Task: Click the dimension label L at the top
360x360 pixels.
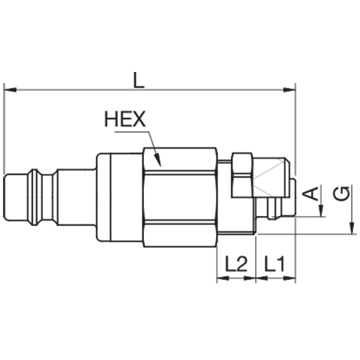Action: (x=139, y=80)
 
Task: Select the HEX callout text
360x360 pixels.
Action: (x=125, y=119)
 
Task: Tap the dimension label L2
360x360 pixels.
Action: (x=236, y=264)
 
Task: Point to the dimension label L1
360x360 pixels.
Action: (x=274, y=264)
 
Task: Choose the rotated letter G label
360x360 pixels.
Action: (x=342, y=193)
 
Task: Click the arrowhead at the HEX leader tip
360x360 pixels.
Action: (x=157, y=160)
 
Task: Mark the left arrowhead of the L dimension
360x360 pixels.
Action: (x=10, y=90)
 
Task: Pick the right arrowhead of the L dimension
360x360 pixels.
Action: (x=289, y=90)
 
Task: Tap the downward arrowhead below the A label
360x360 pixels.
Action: (x=322, y=211)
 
